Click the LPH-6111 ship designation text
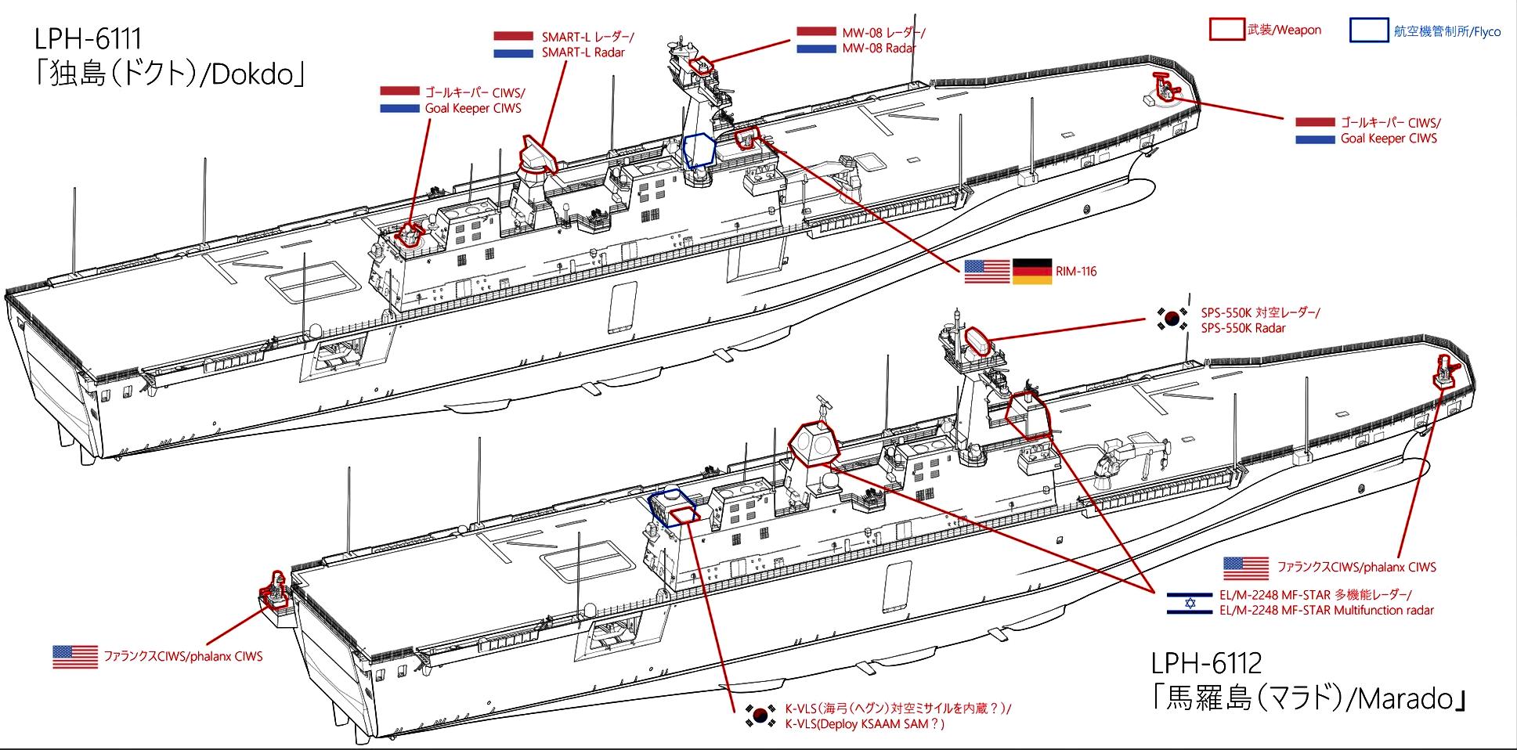(x=88, y=38)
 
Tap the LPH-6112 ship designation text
(x=1206, y=663)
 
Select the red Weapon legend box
(x=1226, y=30)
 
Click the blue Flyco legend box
(x=1369, y=31)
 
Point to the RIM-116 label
(x=1076, y=272)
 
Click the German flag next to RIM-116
(x=1033, y=272)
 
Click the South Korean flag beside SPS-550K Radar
(x=1172, y=318)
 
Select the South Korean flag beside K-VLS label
(x=760, y=716)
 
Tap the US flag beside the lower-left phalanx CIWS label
(x=75, y=656)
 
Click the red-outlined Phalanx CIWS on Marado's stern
(x=276, y=592)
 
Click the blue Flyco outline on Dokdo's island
(x=699, y=150)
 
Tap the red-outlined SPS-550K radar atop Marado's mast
(x=978, y=341)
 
